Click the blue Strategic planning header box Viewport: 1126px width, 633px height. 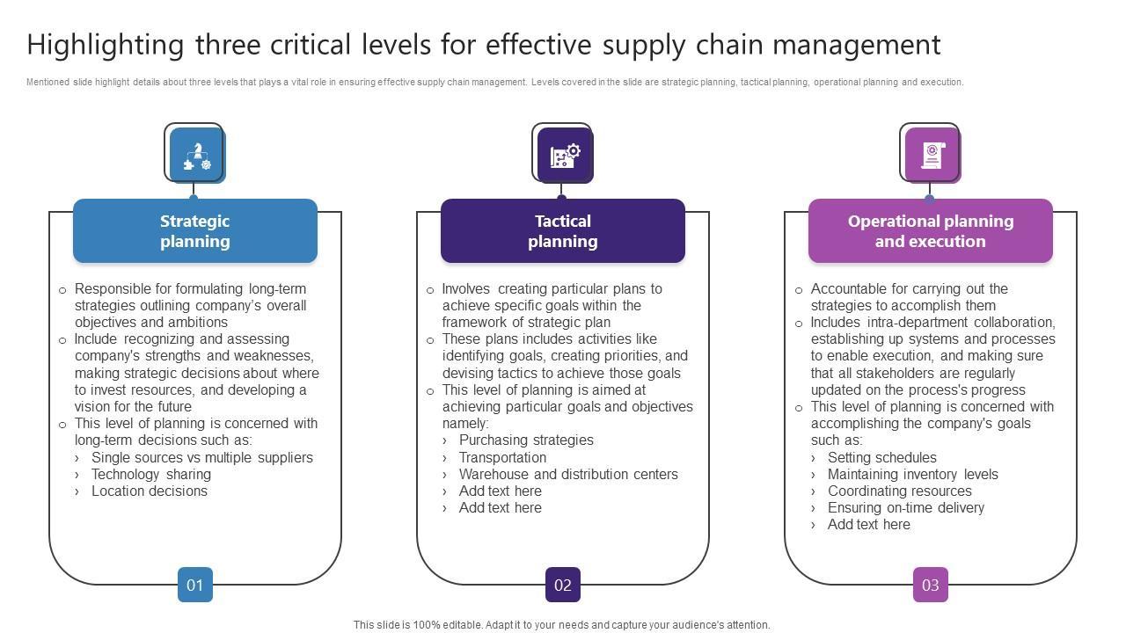[194, 231]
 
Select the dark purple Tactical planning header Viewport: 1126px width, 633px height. [562, 231]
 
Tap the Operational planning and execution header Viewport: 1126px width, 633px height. [930, 231]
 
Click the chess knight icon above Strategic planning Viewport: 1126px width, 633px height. [196, 156]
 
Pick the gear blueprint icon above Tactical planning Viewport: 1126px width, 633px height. [564, 156]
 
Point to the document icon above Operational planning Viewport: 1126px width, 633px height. [932, 156]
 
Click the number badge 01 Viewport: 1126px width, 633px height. [195, 585]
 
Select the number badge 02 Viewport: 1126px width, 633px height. [563, 585]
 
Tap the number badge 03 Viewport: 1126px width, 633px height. [931, 585]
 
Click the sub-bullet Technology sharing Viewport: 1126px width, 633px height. [150, 474]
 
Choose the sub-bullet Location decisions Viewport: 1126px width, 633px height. [149, 491]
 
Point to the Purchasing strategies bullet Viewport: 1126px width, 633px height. [526, 440]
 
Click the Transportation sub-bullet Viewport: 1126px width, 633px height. [502, 457]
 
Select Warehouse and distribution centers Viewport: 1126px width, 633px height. [568, 474]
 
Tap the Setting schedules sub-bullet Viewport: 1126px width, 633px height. [881, 457]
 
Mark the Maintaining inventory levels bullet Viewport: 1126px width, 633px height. [912, 474]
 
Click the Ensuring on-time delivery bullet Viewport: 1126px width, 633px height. [905, 507]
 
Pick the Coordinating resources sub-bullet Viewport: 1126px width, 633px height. [899, 491]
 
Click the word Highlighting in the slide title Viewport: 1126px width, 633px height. [106, 44]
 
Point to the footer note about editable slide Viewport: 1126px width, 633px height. [561, 625]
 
